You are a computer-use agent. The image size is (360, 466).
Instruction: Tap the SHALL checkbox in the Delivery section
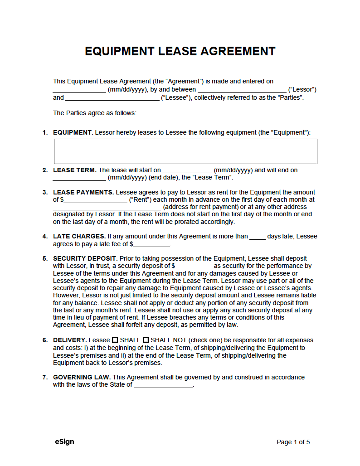point(115,340)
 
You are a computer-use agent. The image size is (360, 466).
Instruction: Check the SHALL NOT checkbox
point(146,340)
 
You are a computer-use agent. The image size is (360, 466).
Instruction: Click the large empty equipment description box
point(185,151)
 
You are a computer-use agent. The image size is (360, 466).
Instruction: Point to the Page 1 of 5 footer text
point(293,442)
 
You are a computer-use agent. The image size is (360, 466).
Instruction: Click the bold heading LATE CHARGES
point(79,236)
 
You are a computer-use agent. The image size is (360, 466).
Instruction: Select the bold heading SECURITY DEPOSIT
point(85,258)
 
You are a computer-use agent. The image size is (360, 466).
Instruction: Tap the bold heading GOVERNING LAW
point(82,377)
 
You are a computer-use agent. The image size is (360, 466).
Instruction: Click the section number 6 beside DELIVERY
point(45,340)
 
